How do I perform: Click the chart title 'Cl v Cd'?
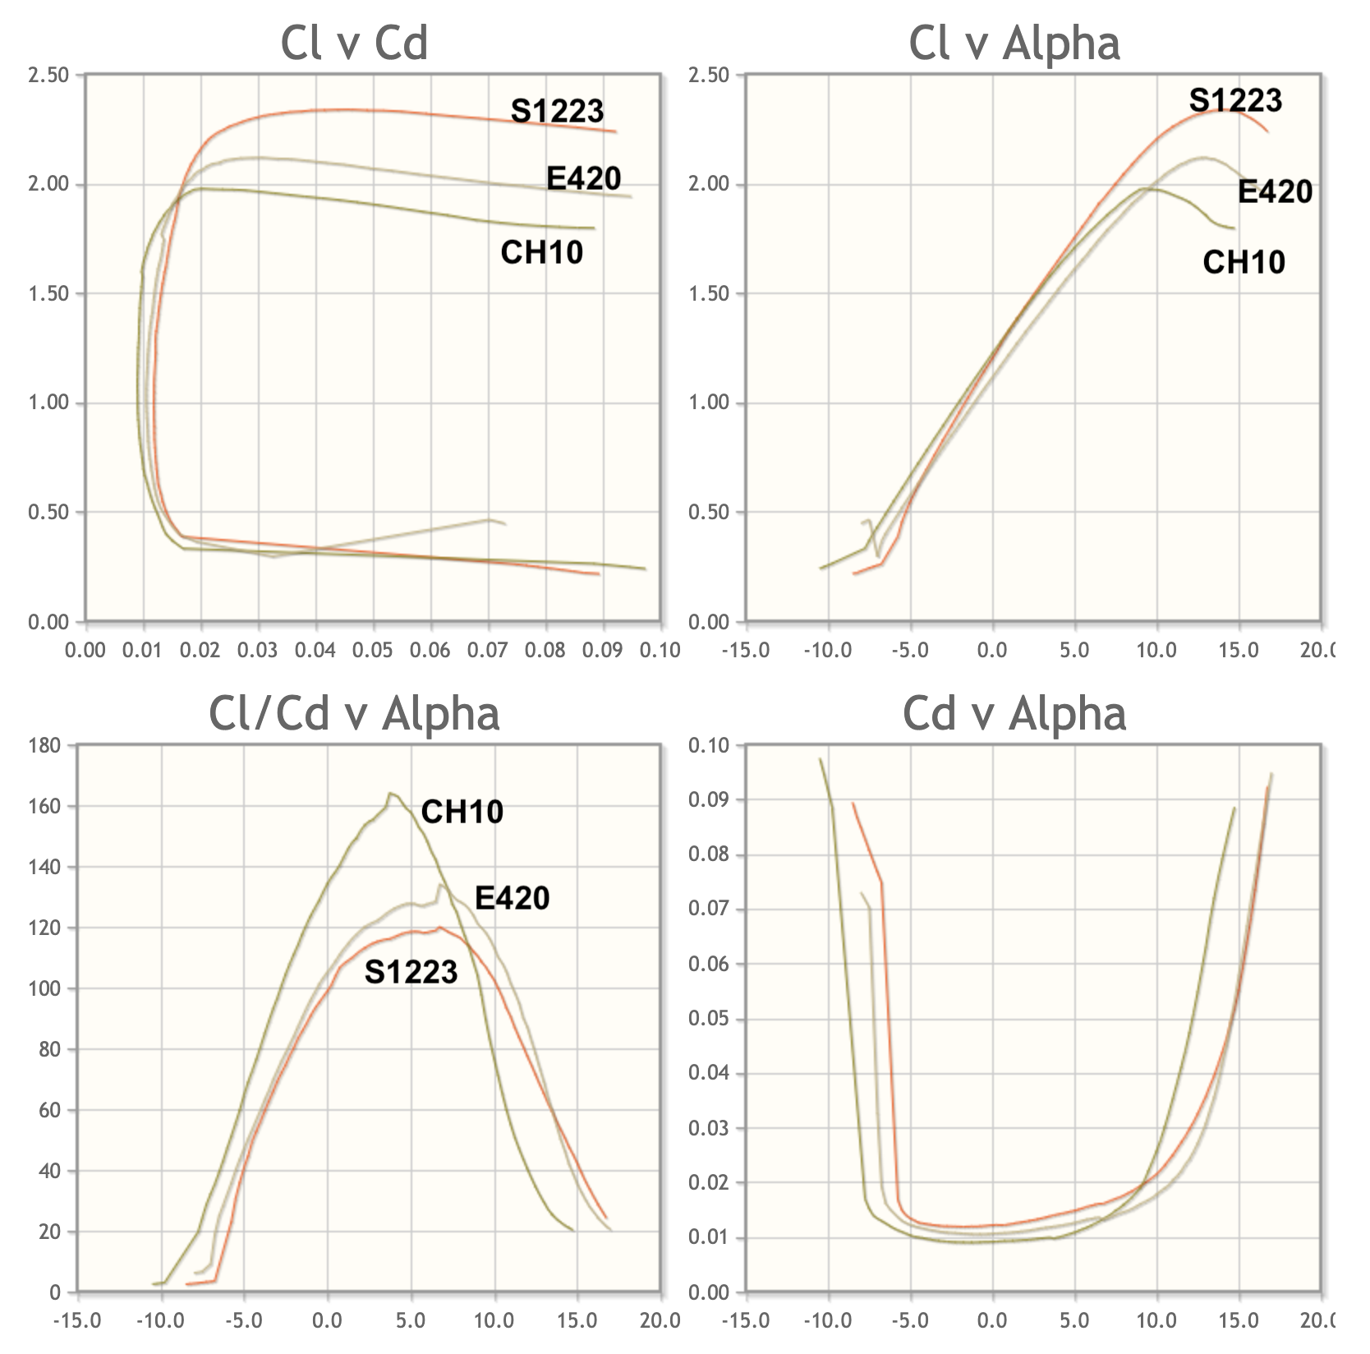point(354,42)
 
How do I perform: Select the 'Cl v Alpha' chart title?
point(1014,42)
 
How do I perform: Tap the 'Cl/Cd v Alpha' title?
point(354,712)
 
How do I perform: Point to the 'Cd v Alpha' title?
point(1014,712)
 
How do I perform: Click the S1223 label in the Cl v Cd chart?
point(557,110)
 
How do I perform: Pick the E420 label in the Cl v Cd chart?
point(583,177)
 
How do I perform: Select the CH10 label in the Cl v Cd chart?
point(541,251)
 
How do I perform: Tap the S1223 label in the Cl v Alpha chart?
point(1235,99)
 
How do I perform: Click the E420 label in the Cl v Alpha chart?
point(1275,191)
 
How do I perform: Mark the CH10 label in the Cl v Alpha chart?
point(1244,262)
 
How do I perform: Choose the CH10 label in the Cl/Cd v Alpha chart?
point(462,812)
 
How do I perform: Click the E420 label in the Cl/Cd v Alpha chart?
point(512,898)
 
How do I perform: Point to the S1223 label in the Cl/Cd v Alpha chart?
point(411,972)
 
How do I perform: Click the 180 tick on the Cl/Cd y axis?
point(44,746)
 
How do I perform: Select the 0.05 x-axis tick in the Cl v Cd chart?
point(373,650)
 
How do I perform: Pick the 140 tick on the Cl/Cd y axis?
point(44,868)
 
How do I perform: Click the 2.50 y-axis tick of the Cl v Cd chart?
point(48,76)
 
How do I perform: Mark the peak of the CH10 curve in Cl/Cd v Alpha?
point(390,794)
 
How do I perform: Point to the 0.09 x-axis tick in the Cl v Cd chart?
point(603,650)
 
